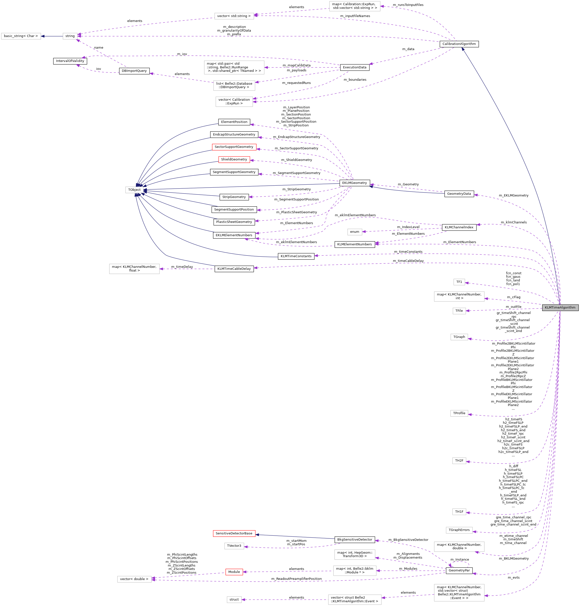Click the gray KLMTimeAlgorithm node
560,308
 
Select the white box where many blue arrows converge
134,190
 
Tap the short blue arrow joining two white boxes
52,36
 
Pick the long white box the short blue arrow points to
21,36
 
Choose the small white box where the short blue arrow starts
70,36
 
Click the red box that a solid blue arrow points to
234,533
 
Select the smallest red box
234,572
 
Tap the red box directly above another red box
234,147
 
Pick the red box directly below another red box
234,159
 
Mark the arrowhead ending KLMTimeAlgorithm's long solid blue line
463,49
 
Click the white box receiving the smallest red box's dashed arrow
134,579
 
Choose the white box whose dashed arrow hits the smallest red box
355,570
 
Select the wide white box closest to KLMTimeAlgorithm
459,296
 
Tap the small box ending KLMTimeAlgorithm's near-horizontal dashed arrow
459,311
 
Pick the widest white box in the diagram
234,67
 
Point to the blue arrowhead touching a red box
257,535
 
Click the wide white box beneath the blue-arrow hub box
134,269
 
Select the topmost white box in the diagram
355,6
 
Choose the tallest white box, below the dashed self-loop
459,593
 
